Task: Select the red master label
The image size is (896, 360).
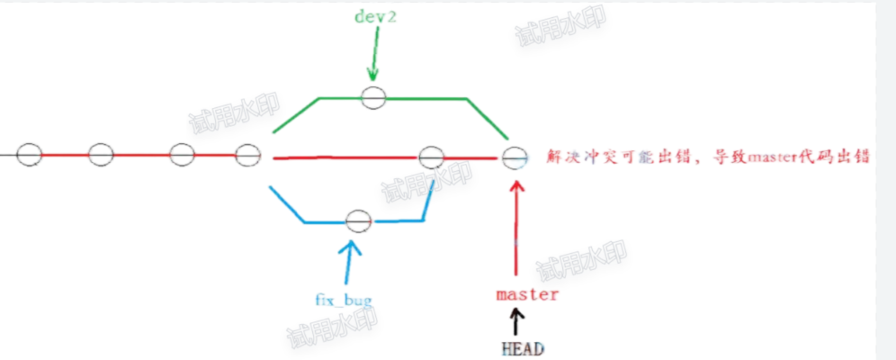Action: tap(527, 294)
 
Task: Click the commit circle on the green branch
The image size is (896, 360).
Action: tap(373, 97)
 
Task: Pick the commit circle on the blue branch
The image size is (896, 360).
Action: tap(358, 220)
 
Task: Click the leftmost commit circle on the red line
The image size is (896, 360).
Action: tap(29, 155)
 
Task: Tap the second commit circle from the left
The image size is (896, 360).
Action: tap(101, 155)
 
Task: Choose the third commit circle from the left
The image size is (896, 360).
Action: tap(182, 155)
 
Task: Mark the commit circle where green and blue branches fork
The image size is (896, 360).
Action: tap(247, 156)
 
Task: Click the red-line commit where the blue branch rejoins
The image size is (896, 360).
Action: tap(432, 157)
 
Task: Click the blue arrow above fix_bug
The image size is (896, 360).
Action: tap(349, 261)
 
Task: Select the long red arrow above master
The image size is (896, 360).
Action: tap(516, 225)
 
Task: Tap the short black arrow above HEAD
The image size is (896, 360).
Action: tap(516, 319)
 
